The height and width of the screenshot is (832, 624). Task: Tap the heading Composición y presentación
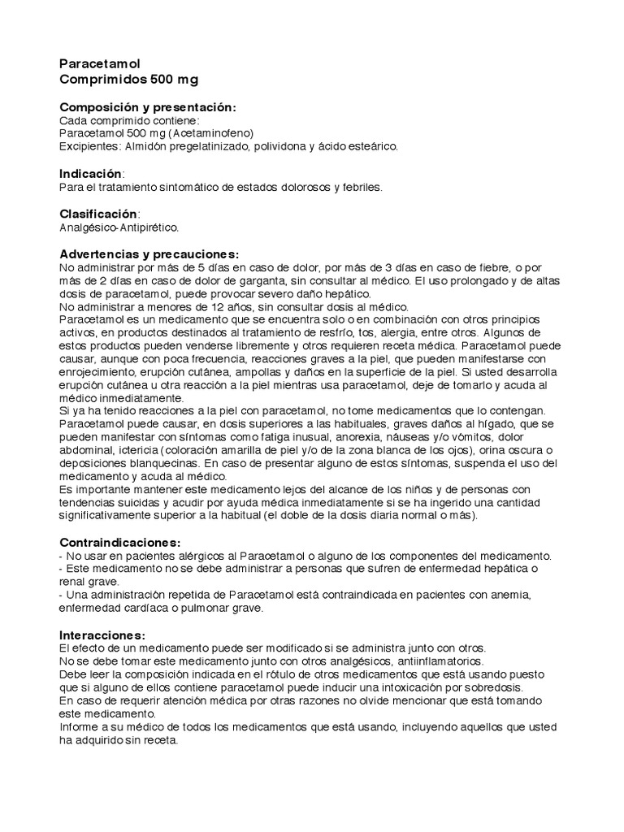149,107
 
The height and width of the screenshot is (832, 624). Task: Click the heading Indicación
91,174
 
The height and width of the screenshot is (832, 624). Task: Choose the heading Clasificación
99,214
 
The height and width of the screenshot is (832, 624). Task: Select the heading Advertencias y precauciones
150,253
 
